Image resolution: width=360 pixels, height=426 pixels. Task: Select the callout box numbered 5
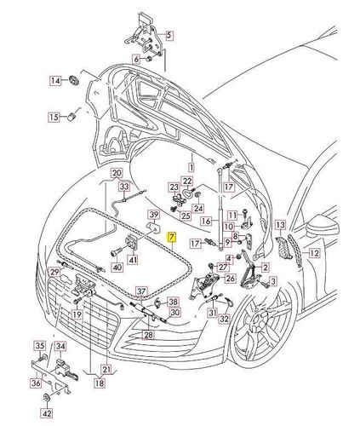click(x=168, y=36)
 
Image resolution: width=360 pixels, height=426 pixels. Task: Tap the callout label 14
click(x=55, y=81)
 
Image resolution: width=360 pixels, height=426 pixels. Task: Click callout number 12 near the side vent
click(x=313, y=253)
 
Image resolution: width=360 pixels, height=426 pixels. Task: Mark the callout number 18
click(x=100, y=384)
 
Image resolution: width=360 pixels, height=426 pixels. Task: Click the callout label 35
click(x=39, y=346)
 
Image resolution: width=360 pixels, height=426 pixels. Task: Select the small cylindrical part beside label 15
click(x=74, y=114)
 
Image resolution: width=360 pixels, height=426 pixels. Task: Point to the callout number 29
click(x=54, y=272)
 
